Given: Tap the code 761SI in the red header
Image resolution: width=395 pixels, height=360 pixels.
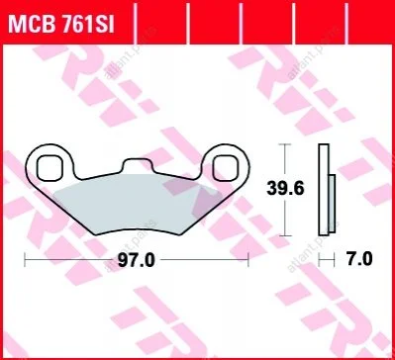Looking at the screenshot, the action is [x=87, y=25].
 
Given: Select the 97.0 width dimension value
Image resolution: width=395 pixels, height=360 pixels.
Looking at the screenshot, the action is [x=137, y=261].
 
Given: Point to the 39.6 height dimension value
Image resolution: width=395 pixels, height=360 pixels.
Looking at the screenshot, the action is [x=285, y=189].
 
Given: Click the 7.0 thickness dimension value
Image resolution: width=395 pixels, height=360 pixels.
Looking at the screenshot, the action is [x=358, y=260].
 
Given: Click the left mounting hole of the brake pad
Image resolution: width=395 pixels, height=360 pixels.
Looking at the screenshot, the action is [x=49, y=169].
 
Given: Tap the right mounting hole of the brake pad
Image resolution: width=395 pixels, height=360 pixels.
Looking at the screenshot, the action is [x=226, y=169].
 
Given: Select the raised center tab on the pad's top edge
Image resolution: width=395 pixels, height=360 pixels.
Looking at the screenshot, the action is [x=138, y=165].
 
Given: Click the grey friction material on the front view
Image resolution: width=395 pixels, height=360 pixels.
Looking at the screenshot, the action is [x=138, y=204].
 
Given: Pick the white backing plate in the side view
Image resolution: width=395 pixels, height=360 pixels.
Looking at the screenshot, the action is [x=324, y=190].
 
